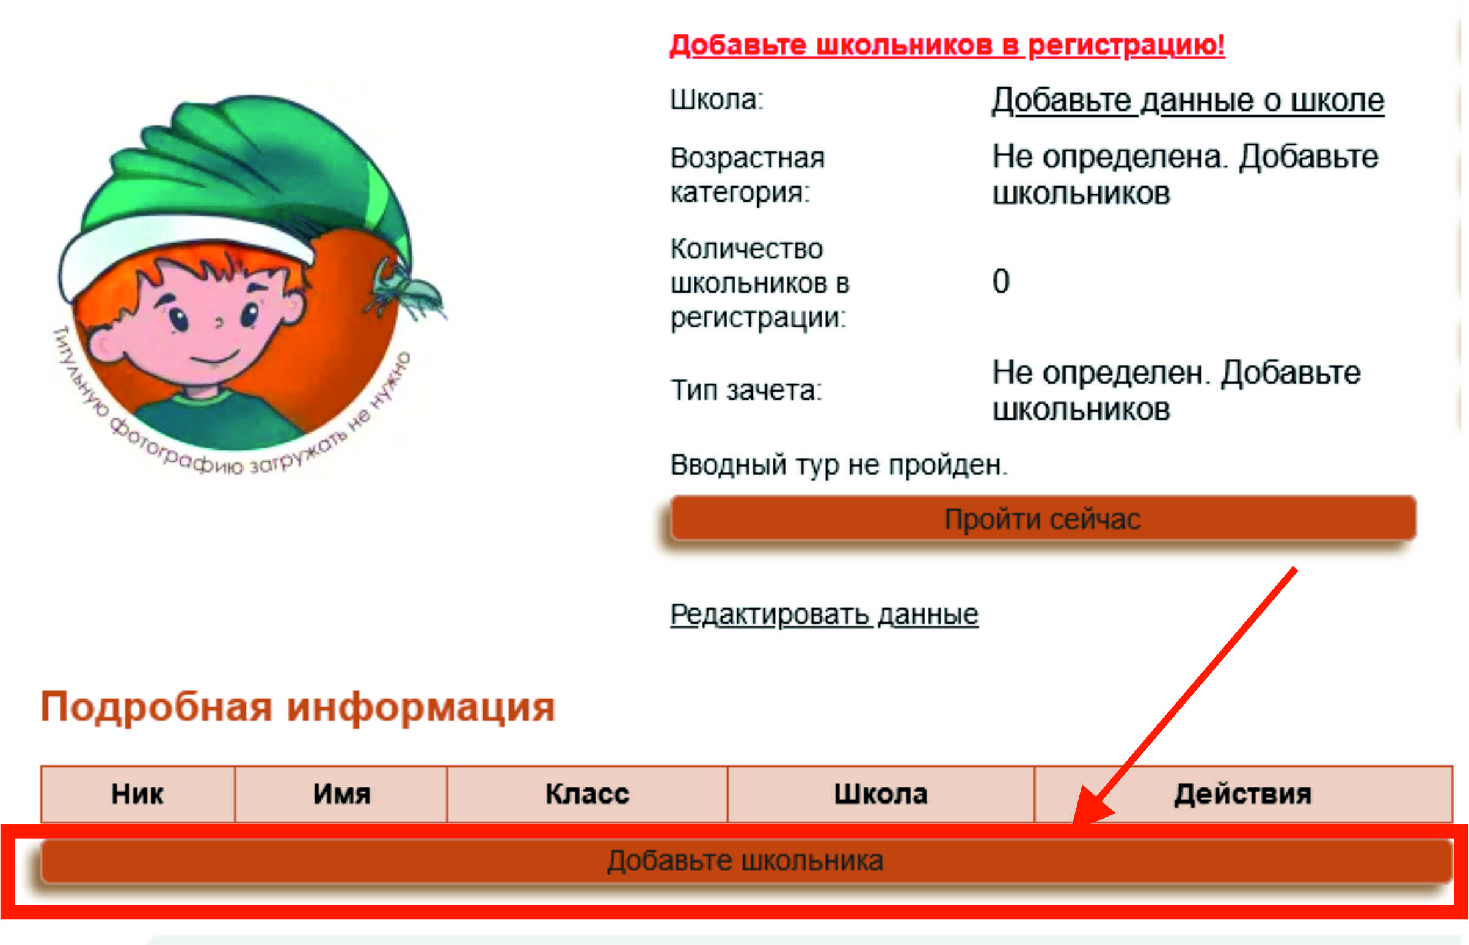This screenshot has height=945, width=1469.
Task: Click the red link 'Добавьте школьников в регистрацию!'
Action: pos(947,45)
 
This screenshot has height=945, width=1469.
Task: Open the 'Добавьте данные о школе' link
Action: pos(1188,100)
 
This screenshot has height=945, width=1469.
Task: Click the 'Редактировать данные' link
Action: pos(824,615)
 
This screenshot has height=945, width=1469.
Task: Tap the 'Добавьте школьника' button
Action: pos(746,861)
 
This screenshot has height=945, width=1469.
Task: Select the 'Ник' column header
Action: pos(137,794)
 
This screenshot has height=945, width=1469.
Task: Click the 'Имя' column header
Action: pos(341,794)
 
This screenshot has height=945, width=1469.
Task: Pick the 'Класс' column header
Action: pos(587,794)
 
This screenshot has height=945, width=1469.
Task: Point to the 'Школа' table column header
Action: pos(881,794)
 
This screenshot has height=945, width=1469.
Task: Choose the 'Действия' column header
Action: pos(1243,794)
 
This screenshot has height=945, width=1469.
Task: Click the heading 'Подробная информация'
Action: pos(297,707)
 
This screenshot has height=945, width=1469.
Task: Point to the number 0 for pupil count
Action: pos(1001,282)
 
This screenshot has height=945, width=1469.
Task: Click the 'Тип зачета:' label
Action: pos(746,390)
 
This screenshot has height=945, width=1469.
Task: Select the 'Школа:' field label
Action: pos(716,100)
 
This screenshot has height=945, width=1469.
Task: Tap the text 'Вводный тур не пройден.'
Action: pos(839,464)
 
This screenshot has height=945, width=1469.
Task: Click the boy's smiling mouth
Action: pos(213,358)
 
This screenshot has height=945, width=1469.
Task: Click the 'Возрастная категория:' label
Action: pos(748,175)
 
